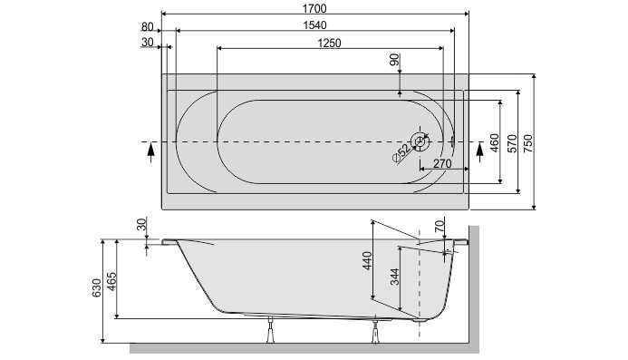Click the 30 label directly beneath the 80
(148, 42)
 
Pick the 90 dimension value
(394, 61)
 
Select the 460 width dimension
(495, 142)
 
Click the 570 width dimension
(513, 142)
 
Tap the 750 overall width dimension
(530, 142)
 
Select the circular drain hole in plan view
(420, 141)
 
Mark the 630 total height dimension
(97, 289)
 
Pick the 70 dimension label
(440, 225)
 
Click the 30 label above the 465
(141, 225)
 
